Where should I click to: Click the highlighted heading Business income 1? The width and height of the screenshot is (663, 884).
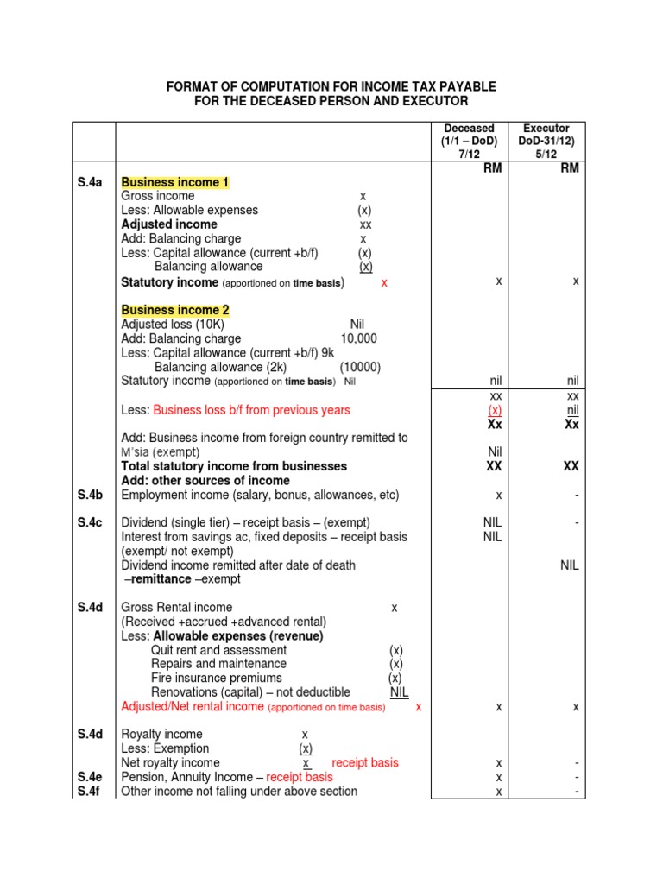[x=175, y=182]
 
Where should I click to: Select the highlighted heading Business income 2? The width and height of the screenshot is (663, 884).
[x=175, y=310]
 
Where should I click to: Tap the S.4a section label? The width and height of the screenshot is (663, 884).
[x=90, y=182]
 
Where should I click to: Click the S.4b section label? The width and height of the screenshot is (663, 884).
[x=90, y=495]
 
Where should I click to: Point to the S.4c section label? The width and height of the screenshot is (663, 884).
[x=90, y=522]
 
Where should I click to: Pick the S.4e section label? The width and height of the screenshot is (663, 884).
[x=90, y=777]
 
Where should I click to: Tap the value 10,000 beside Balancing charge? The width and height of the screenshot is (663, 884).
[x=358, y=338]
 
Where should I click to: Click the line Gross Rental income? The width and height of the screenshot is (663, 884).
[x=177, y=607]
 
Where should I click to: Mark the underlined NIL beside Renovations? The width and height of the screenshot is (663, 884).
[x=399, y=692]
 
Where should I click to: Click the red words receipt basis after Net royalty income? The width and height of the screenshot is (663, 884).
[x=365, y=763]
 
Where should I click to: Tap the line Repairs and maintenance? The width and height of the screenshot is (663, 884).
[x=218, y=664]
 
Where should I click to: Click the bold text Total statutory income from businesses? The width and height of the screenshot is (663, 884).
[x=234, y=466]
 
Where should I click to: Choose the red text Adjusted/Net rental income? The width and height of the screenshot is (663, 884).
[x=193, y=706]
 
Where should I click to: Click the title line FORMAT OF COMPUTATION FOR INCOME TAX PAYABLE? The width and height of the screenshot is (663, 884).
[x=331, y=87]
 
